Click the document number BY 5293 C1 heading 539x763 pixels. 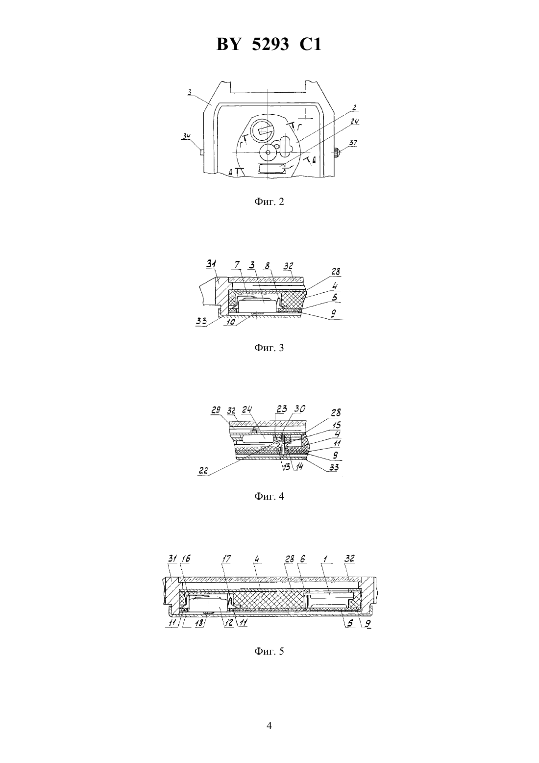pos(269,44)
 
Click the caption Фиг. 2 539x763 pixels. pos(269,202)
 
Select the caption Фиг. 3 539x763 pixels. pos(269,348)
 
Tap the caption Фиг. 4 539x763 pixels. pos(269,496)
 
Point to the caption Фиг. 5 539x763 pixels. pos(269,651)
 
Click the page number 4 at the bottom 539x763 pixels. pos(269,726)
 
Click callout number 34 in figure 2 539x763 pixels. pos(186,137)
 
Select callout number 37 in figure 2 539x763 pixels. pos(353,143)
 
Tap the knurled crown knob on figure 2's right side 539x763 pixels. pos(337,152)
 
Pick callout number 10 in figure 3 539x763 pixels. pos(231,322)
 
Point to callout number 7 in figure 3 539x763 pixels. pos(237,265)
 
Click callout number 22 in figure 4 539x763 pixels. pos(203,471)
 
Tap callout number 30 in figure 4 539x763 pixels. pos(300,408)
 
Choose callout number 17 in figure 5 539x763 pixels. pos(226,559)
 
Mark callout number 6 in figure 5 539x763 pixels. pos(302,559)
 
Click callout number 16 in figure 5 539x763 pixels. pos(186,559)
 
